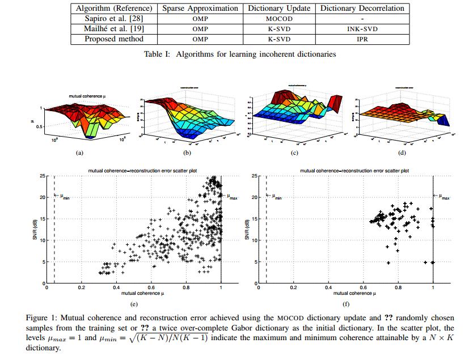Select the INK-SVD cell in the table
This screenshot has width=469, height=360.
coord(362,29)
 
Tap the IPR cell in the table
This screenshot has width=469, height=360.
coord(362,39)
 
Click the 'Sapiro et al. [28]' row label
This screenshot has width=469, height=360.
coord(113,19)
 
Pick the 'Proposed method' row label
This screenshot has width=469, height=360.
coord(113,39)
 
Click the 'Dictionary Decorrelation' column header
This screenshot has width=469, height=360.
coord(362,9)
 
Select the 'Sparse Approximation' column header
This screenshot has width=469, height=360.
coord(200,9)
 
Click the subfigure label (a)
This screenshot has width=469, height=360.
coord(80,153)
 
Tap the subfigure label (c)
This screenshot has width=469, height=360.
coord(294,153)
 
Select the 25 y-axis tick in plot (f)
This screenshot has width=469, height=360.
coord(255,176)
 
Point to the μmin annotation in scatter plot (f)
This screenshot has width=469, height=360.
coord(276,197)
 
